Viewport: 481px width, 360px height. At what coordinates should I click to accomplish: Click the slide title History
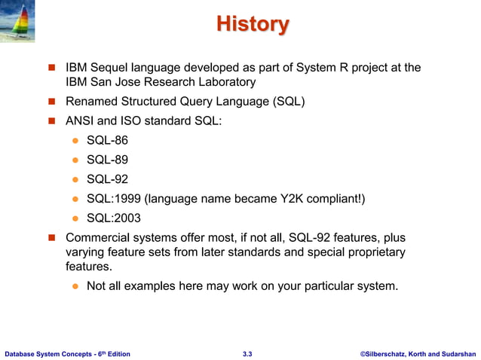click(252, 24)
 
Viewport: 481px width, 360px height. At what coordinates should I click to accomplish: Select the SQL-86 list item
click(107, 140)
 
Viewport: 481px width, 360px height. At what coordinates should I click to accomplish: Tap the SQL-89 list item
click(107, 160)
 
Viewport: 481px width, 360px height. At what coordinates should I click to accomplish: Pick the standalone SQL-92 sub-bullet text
click(107, 179)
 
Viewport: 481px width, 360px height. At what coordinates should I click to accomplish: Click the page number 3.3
click(247, 352)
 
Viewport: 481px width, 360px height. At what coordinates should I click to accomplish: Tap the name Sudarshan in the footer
click(460, 352)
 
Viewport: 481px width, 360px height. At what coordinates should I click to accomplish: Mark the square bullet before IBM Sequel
click(53, 69)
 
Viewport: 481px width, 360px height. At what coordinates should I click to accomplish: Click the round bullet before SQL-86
click(75, 141)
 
